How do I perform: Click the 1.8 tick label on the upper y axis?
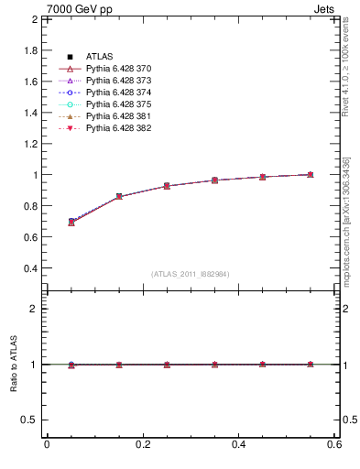pyautogui.click(x=29, y=49)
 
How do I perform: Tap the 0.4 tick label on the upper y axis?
pyautogui.click(x=29, y=268)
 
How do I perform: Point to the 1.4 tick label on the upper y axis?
pyautogui.click(x=29, y=112)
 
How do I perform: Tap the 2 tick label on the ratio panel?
pyautogui.click(x=34, y=309)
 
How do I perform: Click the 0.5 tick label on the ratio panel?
pyautogui.click(x=29, y=420)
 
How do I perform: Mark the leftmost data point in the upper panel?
pyautogui.click(x=71, y=223)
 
